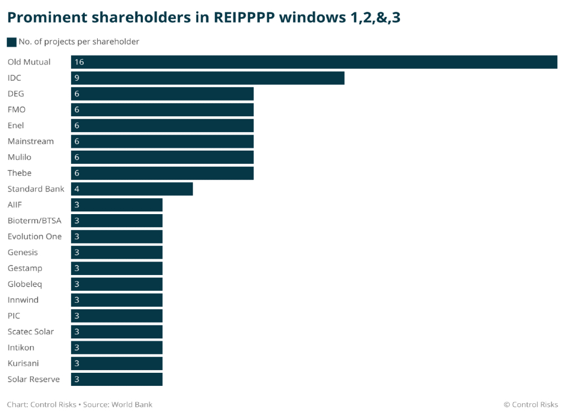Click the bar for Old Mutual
click(x=314, y=62)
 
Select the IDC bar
click(x=207, y=78)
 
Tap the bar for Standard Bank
click(x=132, y=189)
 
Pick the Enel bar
click(x=162, y=125)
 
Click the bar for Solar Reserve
click(x=116, y=379)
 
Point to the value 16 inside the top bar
click(x=79, y=62)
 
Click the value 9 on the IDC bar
click(x=77, y=78)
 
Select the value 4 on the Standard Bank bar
click(x=77, y=189)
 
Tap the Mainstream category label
click(x=31, y=141)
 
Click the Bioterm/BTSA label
click(x=34, y=220)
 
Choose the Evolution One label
click(x=34, y=236)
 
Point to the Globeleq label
click(x=25, y=284)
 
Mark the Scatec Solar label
click(x=31, y=332)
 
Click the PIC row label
click(x=14, y=316)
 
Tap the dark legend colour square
click(x=11, y=42)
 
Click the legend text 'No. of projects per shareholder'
click(x=79, y=42)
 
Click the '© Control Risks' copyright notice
click(x=531, y=404)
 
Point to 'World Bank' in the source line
click(x=132, y=404)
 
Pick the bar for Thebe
click(x=162, y=173)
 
